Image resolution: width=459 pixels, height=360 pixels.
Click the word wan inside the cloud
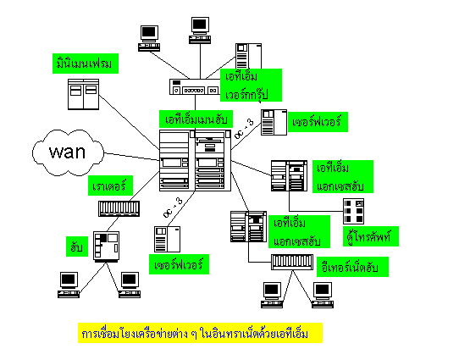tap(68, 152)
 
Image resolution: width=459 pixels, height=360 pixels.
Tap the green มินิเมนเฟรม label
tap(86, 64)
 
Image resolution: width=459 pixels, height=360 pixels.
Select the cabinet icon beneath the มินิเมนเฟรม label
tap(84, 94)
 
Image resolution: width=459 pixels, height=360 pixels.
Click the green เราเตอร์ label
tap(110, 186)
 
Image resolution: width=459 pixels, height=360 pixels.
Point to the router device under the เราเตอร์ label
tap(119, 208)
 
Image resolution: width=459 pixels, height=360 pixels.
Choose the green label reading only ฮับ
tap(77, 246)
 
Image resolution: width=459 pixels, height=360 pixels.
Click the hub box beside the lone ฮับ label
tap(106, 246)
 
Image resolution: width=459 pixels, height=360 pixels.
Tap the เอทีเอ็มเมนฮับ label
tap(196, 119)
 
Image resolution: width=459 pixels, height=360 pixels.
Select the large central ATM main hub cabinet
tap(195, 160)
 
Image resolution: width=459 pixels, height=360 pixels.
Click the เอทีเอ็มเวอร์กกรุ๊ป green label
tap(251, 86)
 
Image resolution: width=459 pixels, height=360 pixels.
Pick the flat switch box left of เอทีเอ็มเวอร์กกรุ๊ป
tap(195, 86)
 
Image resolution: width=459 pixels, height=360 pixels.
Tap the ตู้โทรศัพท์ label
tap(371, 236)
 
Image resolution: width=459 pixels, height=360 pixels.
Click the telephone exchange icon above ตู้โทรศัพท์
tap(353, 211)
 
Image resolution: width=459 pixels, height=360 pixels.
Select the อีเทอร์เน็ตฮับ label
tap(352, 267)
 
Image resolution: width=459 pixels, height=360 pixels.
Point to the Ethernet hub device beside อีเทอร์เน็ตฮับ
tap(292, 262)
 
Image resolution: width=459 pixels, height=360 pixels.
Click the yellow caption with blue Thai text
tap(200, 333)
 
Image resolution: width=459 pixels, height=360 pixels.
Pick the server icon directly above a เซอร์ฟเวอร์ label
tap(167, 239)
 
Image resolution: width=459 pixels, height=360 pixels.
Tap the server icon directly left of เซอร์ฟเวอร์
tap(274, 122)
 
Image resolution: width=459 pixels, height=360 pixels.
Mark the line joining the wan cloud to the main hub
tap(132, 157)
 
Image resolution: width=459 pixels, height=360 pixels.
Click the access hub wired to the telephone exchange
tap(289, 175)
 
